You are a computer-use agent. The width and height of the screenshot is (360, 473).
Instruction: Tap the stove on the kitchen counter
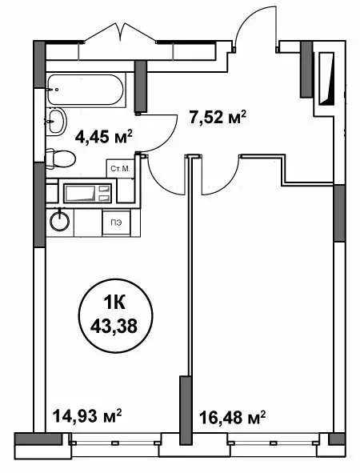tap(83, 194)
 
